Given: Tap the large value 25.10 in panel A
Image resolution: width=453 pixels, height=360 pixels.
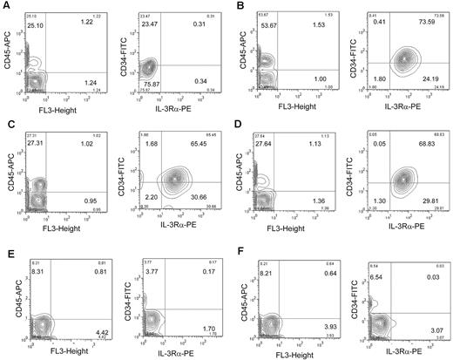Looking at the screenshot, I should tap(37, 26).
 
